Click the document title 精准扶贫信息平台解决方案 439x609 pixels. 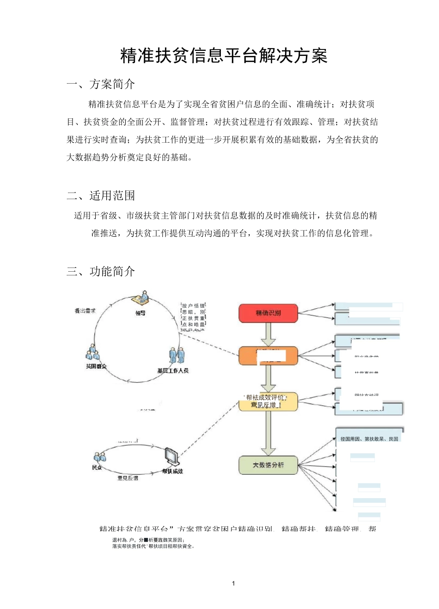pos(224,56)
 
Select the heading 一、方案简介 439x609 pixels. pos(101,84)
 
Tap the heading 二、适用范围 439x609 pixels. pos(101,195)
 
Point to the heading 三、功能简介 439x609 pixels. pos(101,271)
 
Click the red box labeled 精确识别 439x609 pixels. pos(268,313)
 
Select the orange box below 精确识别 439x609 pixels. pos(268,356)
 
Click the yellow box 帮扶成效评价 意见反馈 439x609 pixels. pos(268,402)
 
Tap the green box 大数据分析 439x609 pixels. pos(268,465)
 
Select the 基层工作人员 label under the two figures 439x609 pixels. pos(173,371)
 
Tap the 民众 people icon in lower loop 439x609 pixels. pos(99,457)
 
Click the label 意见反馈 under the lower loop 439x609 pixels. pos(128,478)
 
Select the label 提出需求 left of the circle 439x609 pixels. pos(85,311)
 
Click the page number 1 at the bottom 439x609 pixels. pos(233,583)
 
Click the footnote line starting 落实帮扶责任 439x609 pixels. pos(154,546)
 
